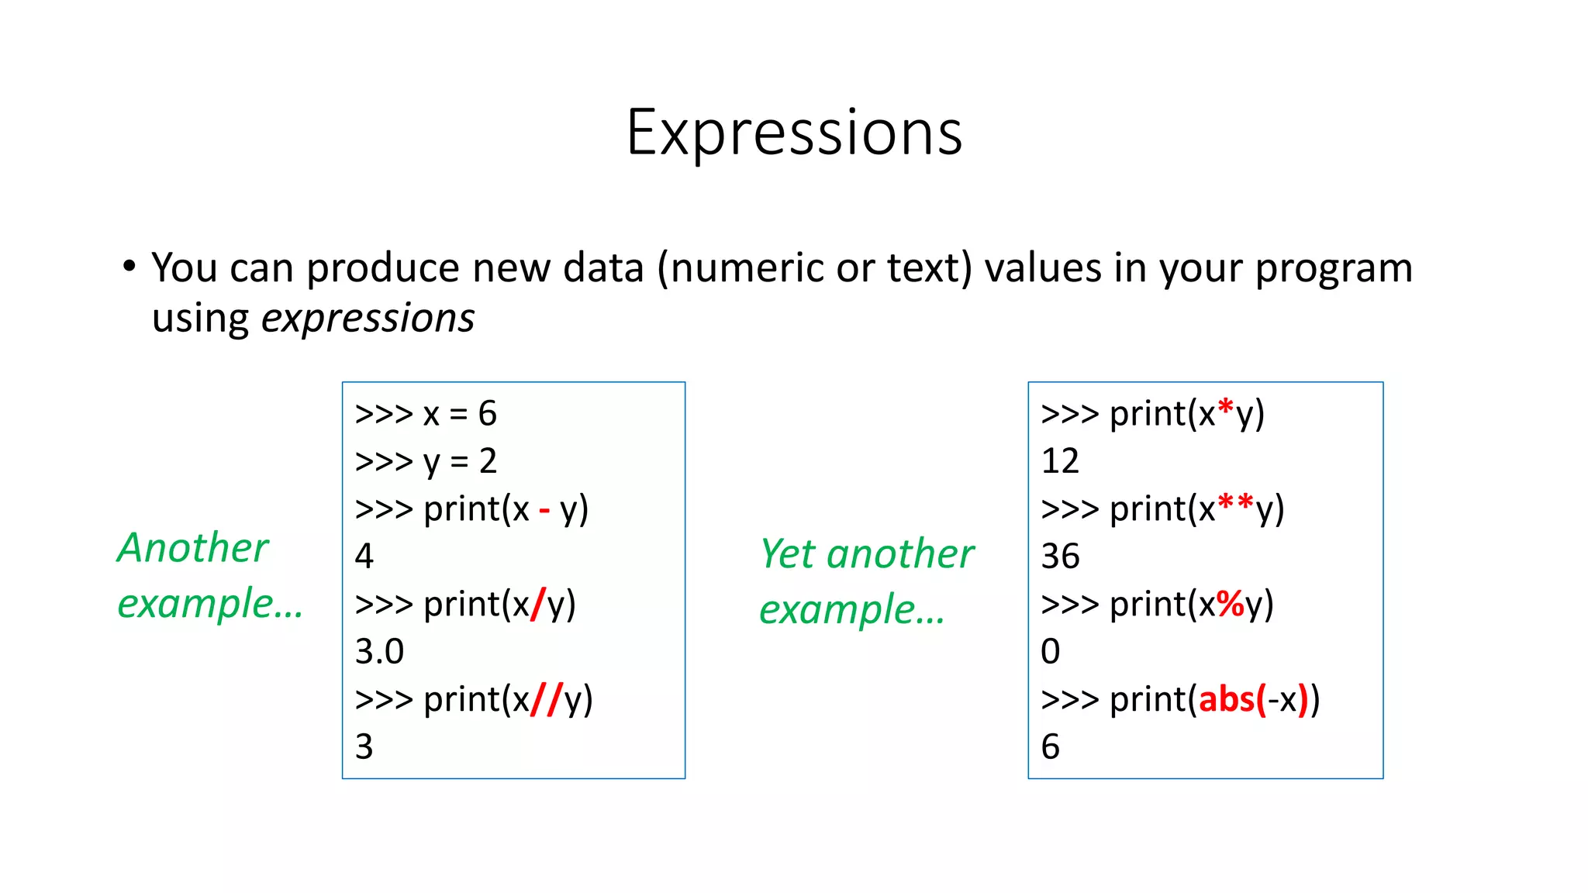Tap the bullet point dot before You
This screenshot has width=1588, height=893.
tap(129, 267)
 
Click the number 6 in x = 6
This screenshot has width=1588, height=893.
tap(487, 414)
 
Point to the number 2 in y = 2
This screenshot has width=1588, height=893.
tap(487, 462)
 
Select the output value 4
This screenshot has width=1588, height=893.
tap(364, 557)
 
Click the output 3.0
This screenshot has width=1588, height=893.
tap(379, 652)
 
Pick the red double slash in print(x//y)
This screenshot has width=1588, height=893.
tap(546, 700)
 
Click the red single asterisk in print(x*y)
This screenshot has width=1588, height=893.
tap(1225, 409)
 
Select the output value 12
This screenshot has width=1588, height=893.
tap(1059, 462)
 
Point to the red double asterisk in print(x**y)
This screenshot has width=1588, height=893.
tap(1235, 505)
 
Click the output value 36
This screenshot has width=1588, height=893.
tap(1060, 557)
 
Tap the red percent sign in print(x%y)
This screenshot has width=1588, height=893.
tap(1230, 605)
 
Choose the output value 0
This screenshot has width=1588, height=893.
tap(1050, 652)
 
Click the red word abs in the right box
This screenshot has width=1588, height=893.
tap(1227, 700)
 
